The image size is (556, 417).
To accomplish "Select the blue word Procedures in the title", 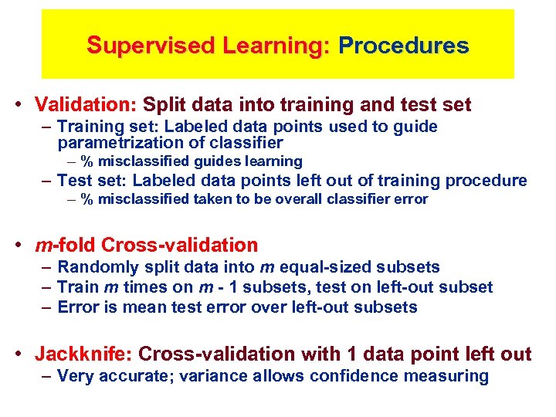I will [403, 46].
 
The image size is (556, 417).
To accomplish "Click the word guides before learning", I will [218, 161].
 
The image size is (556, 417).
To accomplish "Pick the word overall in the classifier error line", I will [309, 199].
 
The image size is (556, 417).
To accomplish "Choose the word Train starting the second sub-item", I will [79, 287].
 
